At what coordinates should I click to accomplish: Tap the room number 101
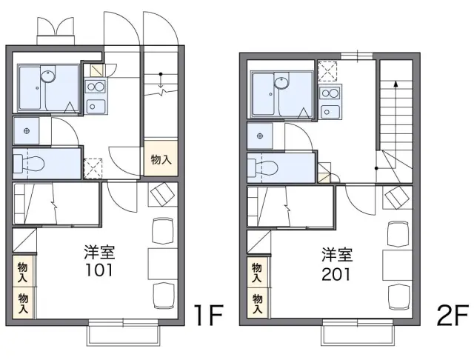point(99,270)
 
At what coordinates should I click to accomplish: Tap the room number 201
point(336,273)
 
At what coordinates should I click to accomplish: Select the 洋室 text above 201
point(336,256)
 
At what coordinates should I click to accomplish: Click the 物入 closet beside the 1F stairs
point(161,159)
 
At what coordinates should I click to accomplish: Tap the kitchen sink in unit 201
point(330,112)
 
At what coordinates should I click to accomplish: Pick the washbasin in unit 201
point(260,135)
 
